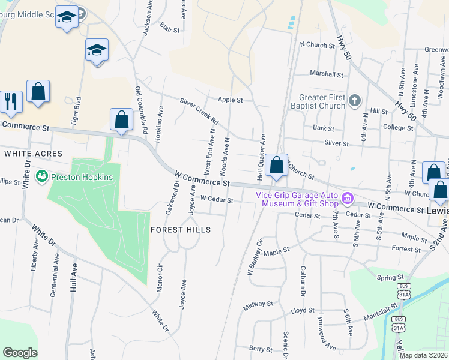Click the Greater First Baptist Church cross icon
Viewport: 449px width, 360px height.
355,100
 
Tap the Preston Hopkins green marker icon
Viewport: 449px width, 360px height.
42,176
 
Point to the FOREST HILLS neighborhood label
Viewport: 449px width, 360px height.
181,230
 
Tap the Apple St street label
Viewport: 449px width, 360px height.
230,100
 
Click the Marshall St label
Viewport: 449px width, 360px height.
326,75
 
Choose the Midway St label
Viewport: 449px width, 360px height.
258,305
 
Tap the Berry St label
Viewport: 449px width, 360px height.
261,348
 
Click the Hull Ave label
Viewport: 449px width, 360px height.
74,279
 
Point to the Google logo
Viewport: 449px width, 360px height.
20,353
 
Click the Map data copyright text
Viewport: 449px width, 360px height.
423,355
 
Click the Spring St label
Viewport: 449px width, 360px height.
390,278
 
